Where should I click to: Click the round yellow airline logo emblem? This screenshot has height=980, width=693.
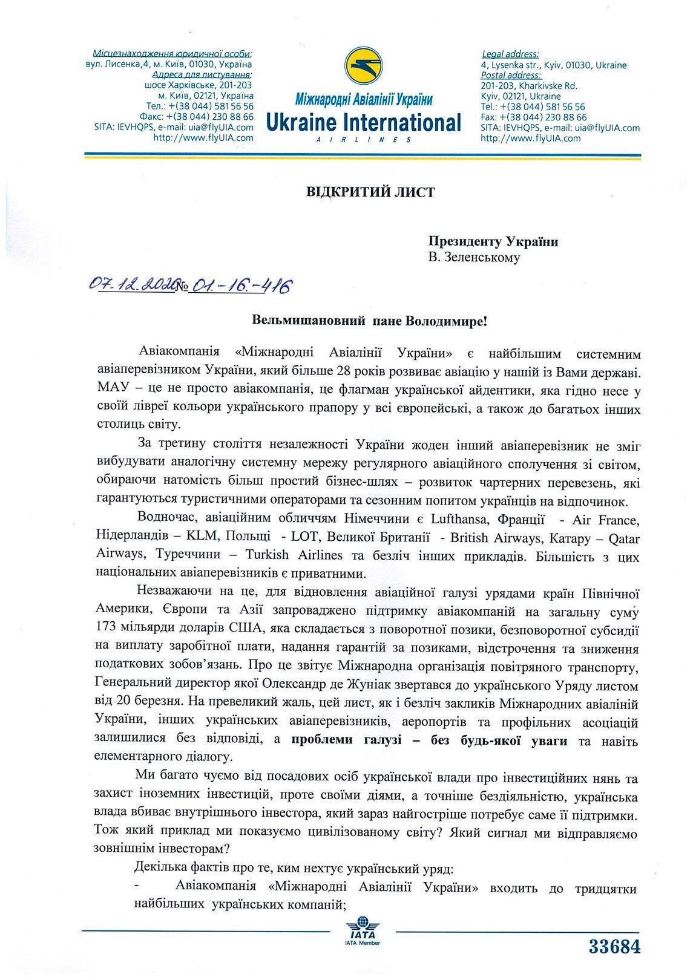pos(364,70)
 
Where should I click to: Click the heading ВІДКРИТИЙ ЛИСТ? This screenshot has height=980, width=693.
pos(370,192)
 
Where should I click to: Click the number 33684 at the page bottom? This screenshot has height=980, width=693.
pos(614,947)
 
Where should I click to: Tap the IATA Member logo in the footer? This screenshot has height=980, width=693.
pos(363,932)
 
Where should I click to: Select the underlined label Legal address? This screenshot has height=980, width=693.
pos(510,54)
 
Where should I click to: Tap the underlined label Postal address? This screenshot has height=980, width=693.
pos(511,76)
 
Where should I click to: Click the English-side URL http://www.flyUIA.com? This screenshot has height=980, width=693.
pos(530,139)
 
